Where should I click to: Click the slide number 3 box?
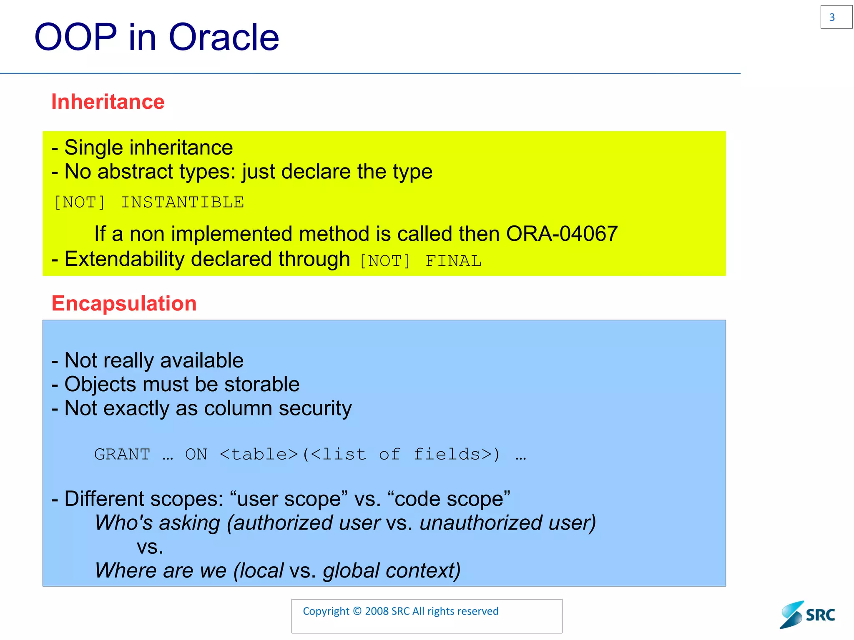point(836,17)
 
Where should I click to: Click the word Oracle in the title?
point(224,37)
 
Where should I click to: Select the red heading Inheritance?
point(108,102)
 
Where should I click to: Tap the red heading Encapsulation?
point(124,303)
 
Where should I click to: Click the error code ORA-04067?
point(561,234)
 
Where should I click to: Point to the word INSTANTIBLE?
point(182,202)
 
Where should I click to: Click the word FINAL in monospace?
point(453,261)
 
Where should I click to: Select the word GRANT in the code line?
point(122,454)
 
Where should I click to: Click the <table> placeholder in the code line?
point(259,454)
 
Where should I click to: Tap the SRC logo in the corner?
point(808,615)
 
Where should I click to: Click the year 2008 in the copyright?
point(377,611)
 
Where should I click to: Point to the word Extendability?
point(124,259)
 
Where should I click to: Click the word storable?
point(261,384)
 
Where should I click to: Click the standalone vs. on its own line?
point(150,547)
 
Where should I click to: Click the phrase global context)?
point(391,570)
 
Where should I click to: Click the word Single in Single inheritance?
point(93,147)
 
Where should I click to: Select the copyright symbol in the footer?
point(357,611)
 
